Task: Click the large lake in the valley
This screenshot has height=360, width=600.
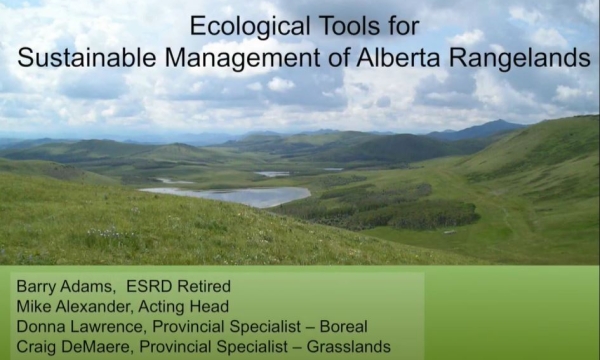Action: pyautogui.click(x=230, y=195)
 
